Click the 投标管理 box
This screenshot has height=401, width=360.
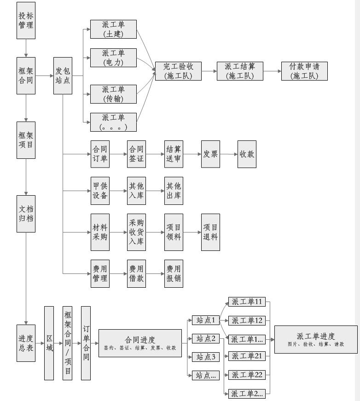pos(26,20)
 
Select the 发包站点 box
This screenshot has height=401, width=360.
pos(63,76)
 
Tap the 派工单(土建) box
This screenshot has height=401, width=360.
pos(113,29)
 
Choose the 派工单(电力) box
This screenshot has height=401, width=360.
pos(113,58)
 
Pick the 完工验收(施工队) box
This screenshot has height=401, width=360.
pos(178,71)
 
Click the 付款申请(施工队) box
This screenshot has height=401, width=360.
pos(304,71)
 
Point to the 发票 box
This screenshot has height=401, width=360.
pos(210,154)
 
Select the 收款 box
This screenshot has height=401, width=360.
pos(247,154)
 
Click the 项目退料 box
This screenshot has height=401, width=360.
pos(210,232)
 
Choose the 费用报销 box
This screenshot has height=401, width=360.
pos(174,273)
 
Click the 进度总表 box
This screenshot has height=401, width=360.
pos(26,343)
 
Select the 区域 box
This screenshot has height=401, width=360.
pos(49,343)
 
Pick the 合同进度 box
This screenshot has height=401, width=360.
pos(140,343)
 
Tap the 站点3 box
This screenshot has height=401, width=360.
pos(206,356)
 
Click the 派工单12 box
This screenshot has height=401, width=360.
pos(247,320)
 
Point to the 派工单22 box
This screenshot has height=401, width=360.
pos(247,375)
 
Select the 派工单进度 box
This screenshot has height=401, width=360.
pos(316,339)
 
